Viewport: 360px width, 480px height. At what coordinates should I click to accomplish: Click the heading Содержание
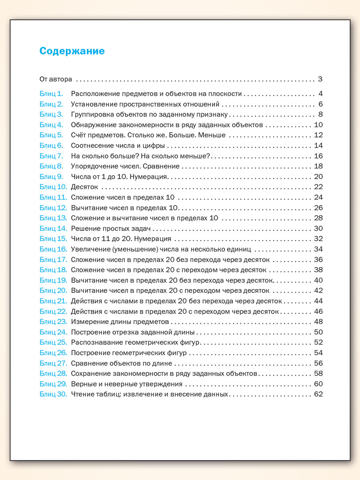[x=72, y=51]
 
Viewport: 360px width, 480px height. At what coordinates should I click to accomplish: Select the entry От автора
[x=56, y=79]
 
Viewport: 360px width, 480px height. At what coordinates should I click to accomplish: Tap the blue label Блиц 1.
[x=51, y=94]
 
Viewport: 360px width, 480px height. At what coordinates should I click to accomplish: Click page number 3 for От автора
[x=320, y=79]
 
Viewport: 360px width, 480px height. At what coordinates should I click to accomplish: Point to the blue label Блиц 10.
[x=53, y=187]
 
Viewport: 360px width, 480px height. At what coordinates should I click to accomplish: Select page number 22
[x=318, y=187]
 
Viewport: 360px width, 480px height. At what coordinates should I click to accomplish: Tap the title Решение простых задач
[x=110, y=228]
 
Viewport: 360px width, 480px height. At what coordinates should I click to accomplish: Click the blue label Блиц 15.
[x=53, y=239]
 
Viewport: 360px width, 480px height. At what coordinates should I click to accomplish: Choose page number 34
[x=318, y=249]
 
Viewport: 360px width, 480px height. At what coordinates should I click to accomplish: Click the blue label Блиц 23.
[x=53, y=322]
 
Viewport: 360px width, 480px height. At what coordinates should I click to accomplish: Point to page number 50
[x=318, y=332]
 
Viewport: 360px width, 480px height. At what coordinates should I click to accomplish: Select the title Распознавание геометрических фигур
[x=135, y=342]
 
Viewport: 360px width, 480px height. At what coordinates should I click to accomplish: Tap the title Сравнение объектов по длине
[x=121, y=363]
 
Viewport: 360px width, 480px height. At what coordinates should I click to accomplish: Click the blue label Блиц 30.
[x=53, y=394]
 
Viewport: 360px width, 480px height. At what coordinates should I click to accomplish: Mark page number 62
[x=318, y=394]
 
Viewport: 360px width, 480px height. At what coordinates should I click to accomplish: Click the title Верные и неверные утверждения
[x=126, y=384]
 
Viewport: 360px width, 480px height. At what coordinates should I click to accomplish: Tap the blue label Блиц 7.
[x=51, y=156]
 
